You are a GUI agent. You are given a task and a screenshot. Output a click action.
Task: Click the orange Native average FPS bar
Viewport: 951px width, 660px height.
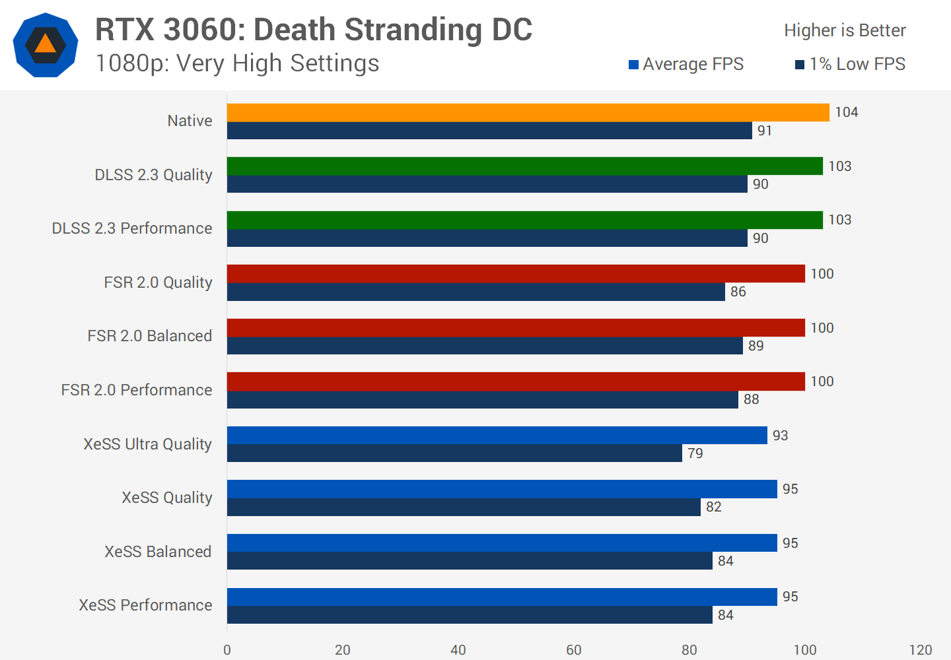(528, 112)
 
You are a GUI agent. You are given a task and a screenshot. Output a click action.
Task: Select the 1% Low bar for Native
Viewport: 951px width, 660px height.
(489, 131)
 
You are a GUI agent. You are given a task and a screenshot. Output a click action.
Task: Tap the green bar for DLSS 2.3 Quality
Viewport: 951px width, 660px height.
(524, 166)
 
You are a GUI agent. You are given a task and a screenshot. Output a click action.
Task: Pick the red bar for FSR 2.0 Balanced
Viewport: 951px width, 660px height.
(516, 327)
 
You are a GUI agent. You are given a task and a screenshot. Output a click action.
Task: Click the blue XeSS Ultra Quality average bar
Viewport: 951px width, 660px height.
(497, 435)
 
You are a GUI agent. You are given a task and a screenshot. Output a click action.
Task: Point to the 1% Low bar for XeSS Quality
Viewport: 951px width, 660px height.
(464, 507)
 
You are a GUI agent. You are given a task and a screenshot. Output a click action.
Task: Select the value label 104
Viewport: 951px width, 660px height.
(846, 112)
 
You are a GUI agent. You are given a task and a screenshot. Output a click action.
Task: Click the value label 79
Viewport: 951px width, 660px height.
(695, 453)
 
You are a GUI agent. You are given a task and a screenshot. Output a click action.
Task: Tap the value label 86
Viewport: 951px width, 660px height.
(738, 292)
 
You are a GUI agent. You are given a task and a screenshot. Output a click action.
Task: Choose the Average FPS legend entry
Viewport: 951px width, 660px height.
(686, 64)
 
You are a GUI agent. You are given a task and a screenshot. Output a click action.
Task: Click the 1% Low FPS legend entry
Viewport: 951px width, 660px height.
(850, 64)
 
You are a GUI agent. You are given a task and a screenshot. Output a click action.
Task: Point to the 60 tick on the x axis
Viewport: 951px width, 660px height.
(573, 650)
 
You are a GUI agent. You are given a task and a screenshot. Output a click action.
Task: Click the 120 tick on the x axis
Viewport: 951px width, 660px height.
(920, 650)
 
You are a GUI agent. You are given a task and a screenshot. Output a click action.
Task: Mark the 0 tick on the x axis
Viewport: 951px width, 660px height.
(227, 650)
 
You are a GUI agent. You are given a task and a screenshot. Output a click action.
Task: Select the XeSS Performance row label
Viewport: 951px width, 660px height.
(145, 605)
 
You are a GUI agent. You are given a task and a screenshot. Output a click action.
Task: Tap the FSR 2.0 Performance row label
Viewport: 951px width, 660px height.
(137, 390)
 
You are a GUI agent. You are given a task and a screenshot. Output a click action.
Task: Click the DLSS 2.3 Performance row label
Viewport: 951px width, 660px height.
(132, 228)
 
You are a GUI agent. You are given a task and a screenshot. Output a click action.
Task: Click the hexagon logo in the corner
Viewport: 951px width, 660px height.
(46, 45)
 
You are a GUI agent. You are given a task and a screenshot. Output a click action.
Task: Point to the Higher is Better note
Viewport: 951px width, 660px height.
(845, 30)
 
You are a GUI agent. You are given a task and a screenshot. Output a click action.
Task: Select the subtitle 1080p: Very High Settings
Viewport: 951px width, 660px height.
(237, 63)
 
